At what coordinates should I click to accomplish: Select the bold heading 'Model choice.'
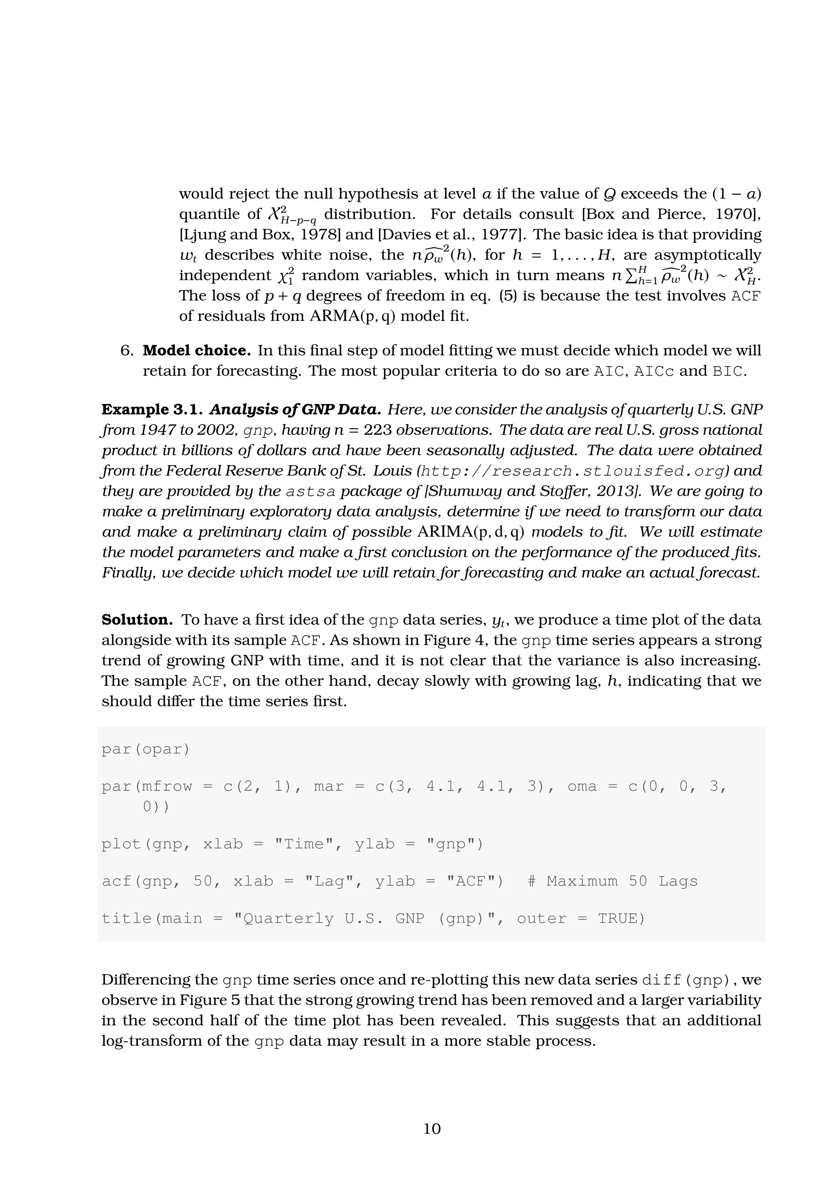[196, 351]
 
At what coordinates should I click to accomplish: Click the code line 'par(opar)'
[146, 749]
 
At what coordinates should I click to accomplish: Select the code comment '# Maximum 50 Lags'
[612, 881]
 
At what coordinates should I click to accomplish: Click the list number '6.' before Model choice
[127, 351]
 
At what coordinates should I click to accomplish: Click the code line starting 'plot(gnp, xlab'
[292, 844]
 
